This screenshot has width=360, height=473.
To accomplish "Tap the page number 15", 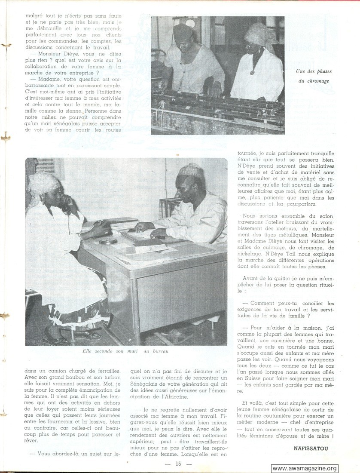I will [x=178, y=464].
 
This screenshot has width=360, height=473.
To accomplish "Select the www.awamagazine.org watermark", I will [x=305, y=468].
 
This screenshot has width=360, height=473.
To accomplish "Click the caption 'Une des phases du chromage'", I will [x=313, y=76].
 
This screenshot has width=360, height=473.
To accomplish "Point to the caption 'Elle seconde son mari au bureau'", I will [x=126, y=351].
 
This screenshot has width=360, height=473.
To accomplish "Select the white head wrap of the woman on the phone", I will [x=43, y=184].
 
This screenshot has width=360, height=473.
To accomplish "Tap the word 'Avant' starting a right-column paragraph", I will [x=252, y=278].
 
